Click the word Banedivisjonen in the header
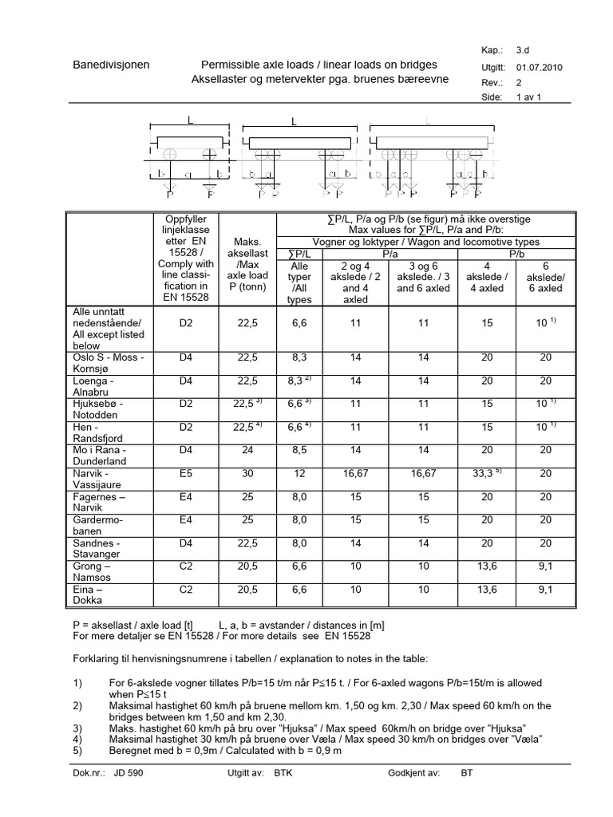tap(110, 65)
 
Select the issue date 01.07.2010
tap(540, 68)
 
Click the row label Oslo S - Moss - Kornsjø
tap(106, 364)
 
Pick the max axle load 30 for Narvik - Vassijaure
tap(247, 474)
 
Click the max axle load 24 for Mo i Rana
tap(247, 451)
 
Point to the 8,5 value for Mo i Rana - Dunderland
tap(297, 451)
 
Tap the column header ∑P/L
tap(298, 254)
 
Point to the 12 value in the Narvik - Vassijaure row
tap(297, 474)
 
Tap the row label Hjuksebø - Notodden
tap(98, 410)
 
